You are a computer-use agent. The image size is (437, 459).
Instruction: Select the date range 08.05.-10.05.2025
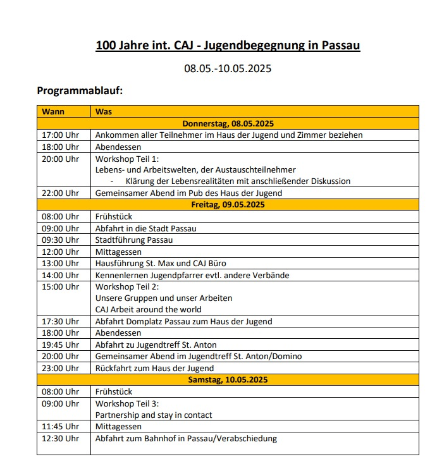pos(227,68)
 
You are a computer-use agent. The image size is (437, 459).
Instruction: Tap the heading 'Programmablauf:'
pos(80,91)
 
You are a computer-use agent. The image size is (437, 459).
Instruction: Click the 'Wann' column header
pos(54,112)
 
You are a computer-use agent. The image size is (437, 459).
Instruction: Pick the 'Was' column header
pos(104,112)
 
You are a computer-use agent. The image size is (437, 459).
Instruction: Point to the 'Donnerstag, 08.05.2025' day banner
pos(228,123)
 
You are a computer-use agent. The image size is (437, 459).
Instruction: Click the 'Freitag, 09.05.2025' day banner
pos(228,204)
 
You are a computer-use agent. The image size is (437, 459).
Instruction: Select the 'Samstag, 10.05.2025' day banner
pos(228,379)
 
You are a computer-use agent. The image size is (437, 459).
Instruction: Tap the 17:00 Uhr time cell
pos(60,135)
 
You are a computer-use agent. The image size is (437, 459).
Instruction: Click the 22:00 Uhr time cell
pos(60,193)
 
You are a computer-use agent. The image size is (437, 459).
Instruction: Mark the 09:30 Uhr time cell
pos(60,240)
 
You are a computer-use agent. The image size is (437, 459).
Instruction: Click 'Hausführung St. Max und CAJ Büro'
pos(161,263)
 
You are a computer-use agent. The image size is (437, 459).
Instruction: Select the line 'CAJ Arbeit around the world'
pos(149,309)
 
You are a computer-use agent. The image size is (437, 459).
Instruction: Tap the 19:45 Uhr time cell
pos(60,345)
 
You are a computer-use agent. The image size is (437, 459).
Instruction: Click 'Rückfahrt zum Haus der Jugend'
pos(154,368)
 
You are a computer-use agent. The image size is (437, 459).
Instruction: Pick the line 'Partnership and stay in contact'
pos(154,415)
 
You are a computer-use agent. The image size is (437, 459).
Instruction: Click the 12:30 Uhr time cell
pos(60,438)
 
